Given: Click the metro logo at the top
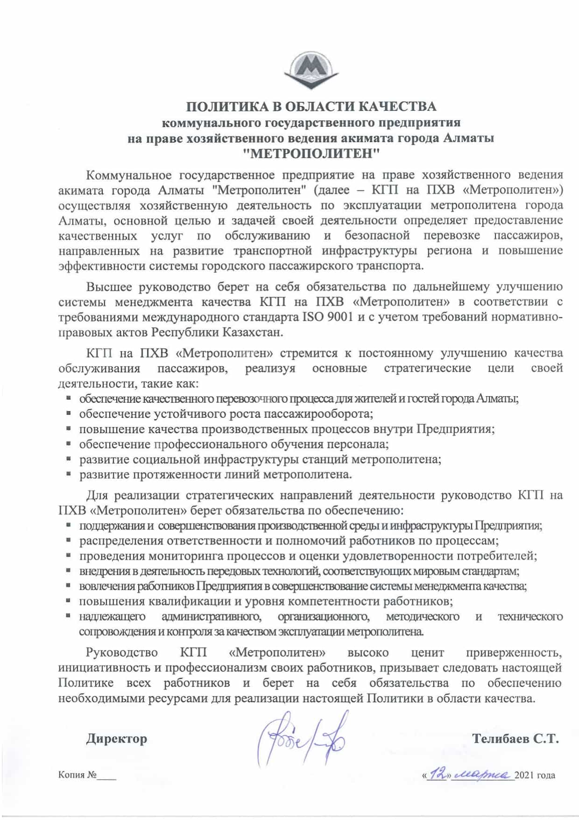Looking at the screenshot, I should click(x=311, y=71).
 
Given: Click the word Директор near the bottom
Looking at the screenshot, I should click(x=116, y=739).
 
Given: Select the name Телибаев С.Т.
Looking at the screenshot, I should click(x=515, y=739).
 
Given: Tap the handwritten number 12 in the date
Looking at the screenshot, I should click(x=438, y=774).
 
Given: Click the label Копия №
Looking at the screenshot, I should click(x=78, y=775).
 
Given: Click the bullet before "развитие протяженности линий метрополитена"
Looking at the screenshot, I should click(x=69, y=474).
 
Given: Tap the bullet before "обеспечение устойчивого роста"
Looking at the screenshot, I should click(x=69, y=414).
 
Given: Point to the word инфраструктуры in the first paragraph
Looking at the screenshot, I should click(x=369, y=250).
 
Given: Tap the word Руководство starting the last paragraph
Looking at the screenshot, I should click(x=122, y=652).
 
